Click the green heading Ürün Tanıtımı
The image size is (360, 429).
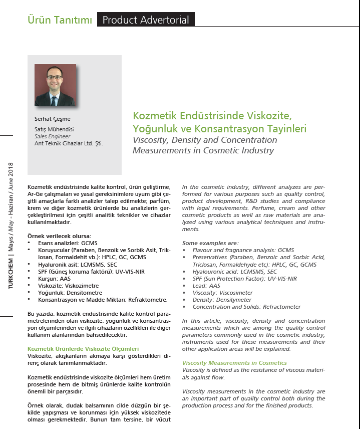click(59, 20)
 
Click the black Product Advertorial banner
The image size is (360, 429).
click(146, 20)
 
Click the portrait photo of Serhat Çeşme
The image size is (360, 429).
click(55, 85)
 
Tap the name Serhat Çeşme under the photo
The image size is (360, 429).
click(49, 119)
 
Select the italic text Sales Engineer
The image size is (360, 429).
click(49, 136)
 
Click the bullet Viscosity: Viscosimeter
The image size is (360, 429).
click(222, 293)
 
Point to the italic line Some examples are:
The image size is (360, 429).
click(210, 243)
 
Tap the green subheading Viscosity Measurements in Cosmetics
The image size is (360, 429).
click(234, 363)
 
